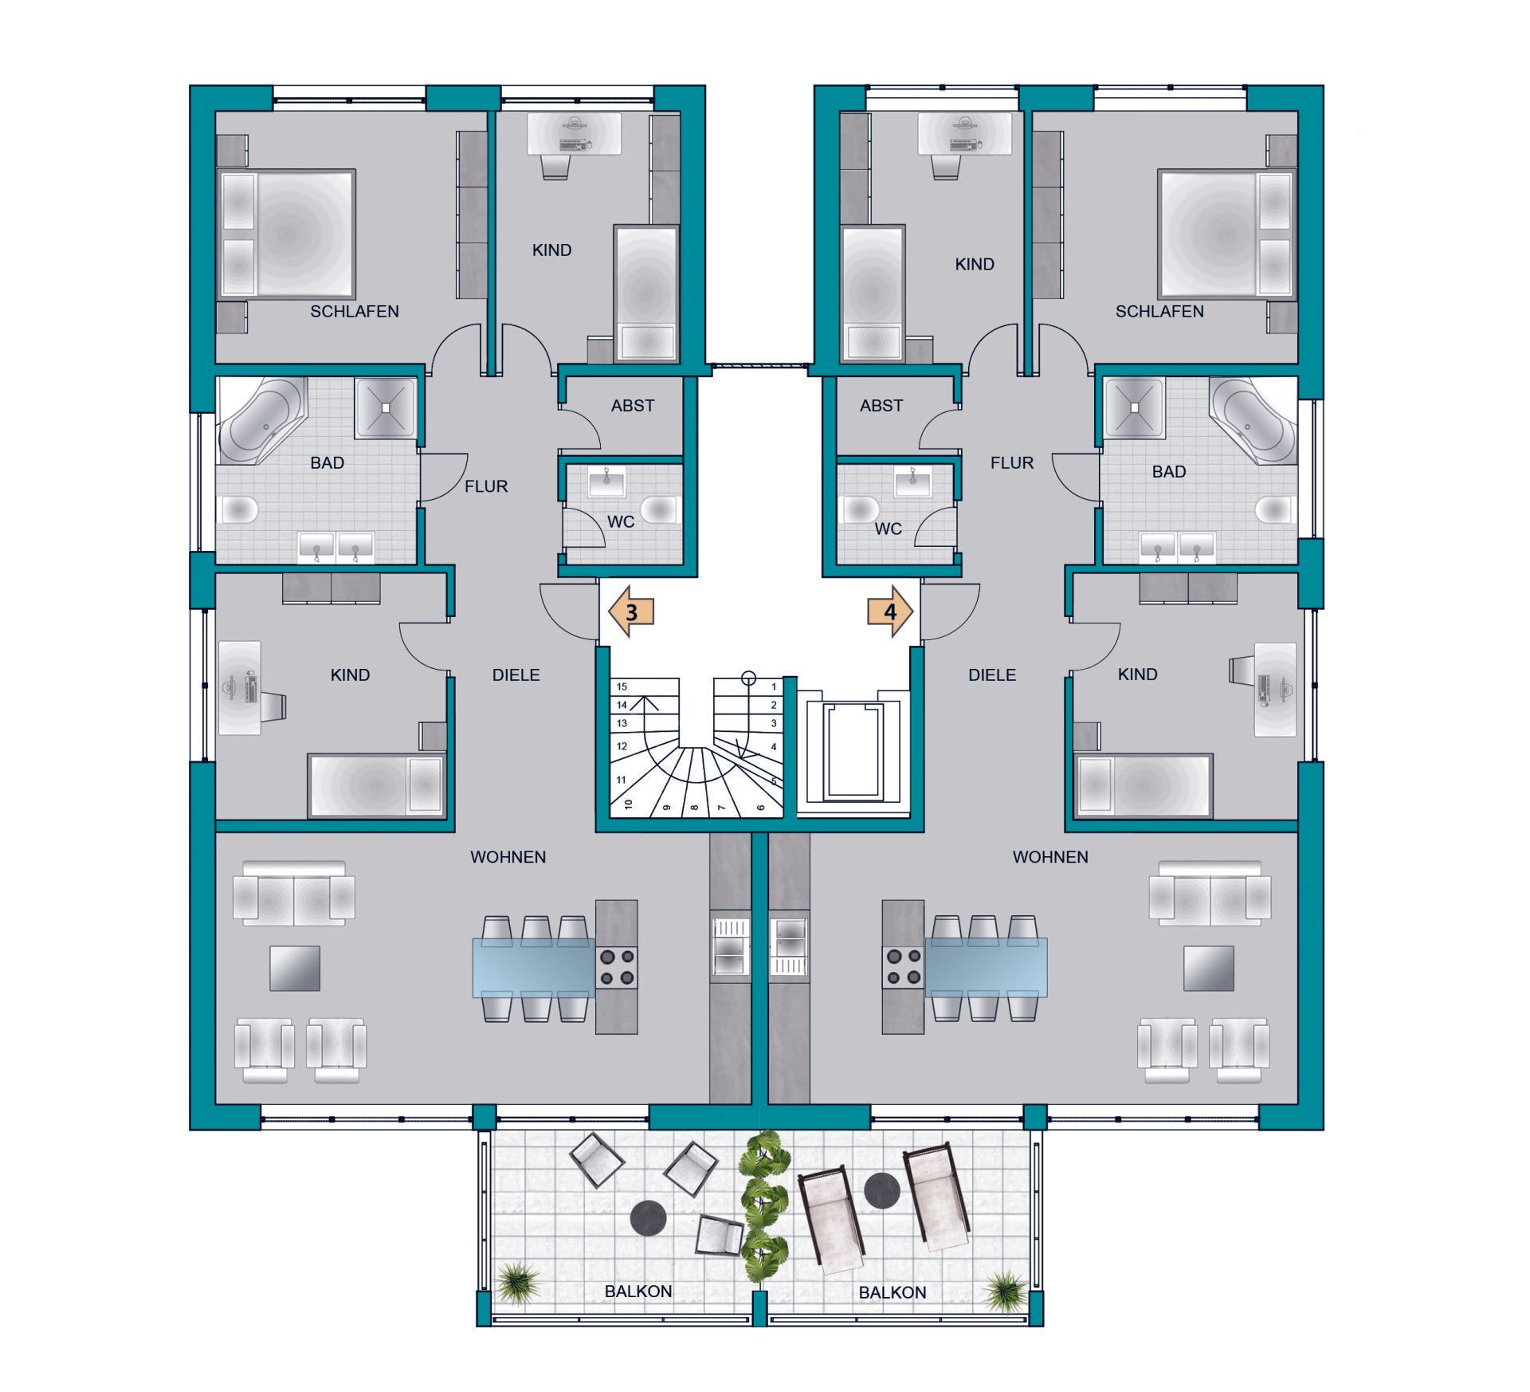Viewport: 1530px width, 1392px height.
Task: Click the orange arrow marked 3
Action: pos(631,612)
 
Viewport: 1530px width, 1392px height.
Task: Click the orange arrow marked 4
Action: pos(890,612)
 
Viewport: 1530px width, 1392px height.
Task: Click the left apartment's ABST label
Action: pos(633,406)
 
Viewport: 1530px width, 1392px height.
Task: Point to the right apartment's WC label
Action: pos(889,529)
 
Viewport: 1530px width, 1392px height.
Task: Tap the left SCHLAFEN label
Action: pos(355,312)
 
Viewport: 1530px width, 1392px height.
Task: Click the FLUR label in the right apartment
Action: pos(1012,462)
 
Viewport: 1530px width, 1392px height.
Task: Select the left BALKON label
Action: pos(638,1291)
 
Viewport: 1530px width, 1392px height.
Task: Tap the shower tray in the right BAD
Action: pos(1133,407)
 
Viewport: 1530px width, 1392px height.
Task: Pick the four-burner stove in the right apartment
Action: pos(902,966)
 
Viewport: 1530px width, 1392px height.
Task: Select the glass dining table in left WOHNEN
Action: pos(534,967)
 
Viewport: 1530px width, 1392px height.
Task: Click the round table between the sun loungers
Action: pos(882,1191)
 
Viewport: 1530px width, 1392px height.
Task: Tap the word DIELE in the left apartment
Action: pos(516,675)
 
